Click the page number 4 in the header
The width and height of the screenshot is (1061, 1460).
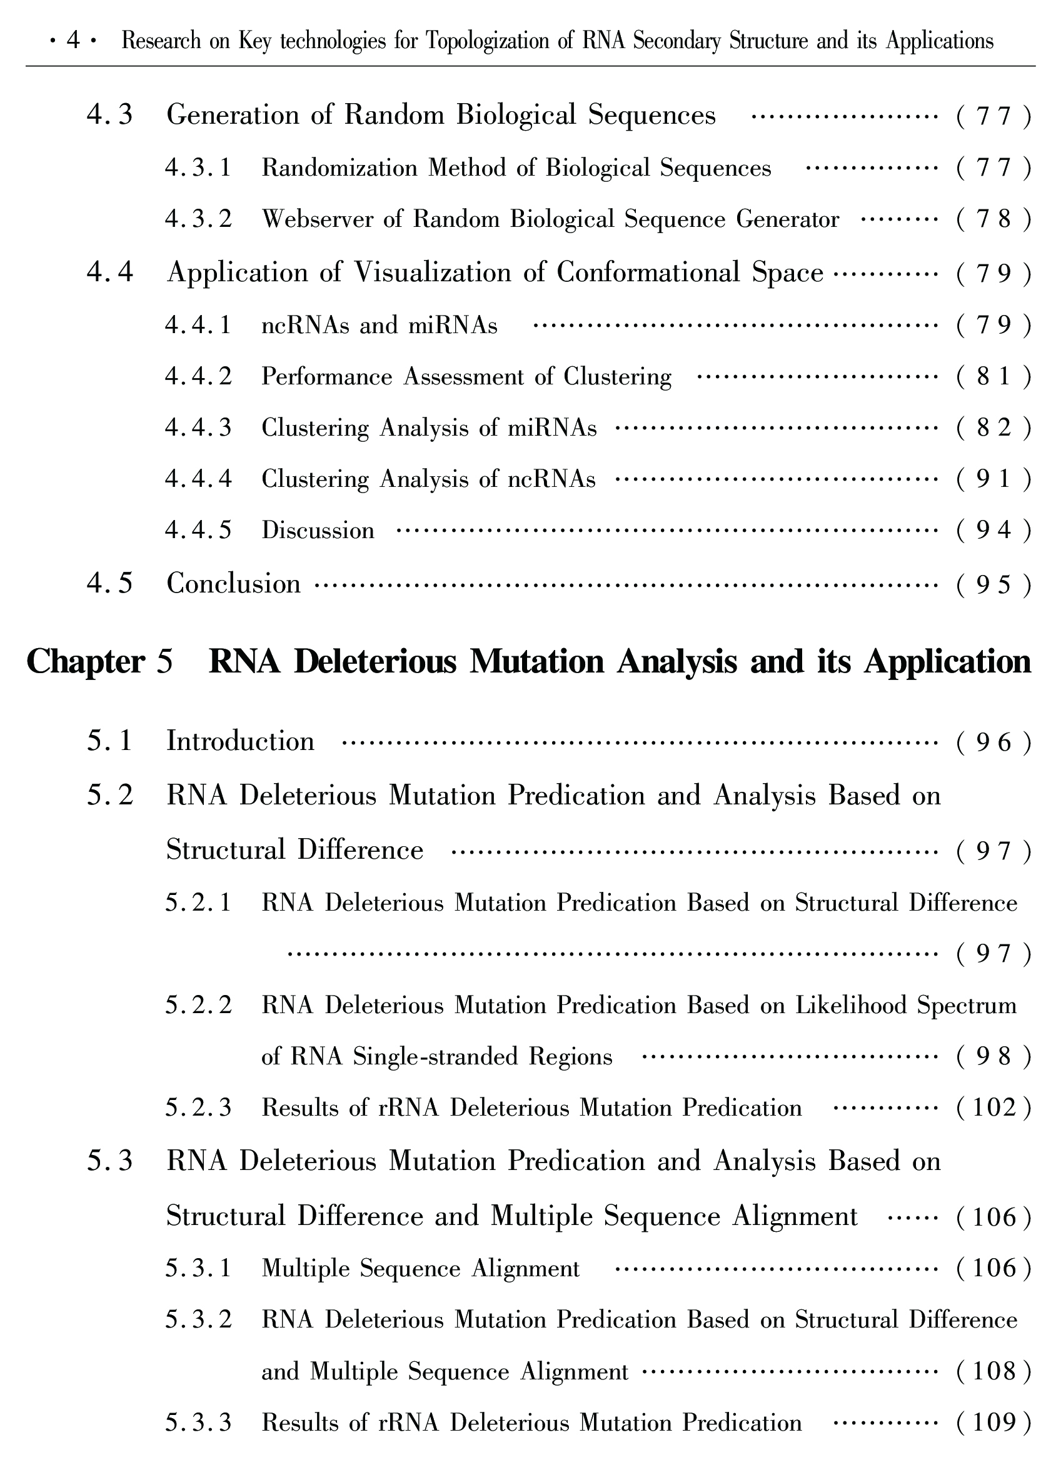73,41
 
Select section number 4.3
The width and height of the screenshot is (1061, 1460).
110,116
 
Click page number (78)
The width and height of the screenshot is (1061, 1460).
994,220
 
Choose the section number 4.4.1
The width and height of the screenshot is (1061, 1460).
198,326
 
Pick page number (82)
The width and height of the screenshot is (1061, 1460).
994,429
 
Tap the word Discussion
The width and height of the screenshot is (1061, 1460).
318,531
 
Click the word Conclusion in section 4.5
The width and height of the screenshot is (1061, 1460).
234,584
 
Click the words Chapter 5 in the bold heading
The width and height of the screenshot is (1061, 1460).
100,662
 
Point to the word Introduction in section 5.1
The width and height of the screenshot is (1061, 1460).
240,742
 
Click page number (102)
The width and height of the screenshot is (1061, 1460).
994,1109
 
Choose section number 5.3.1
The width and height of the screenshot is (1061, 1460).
198,1269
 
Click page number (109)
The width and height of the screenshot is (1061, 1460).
994,1422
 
